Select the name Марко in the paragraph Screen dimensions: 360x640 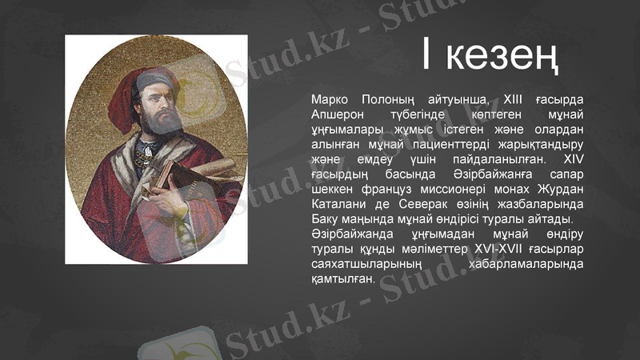pyautogui.click(x=329, y=100)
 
